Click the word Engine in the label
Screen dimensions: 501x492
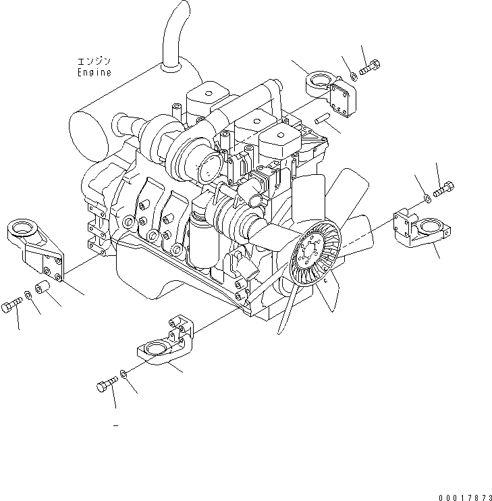point(94,72)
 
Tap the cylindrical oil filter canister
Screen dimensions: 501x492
point(201,243)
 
